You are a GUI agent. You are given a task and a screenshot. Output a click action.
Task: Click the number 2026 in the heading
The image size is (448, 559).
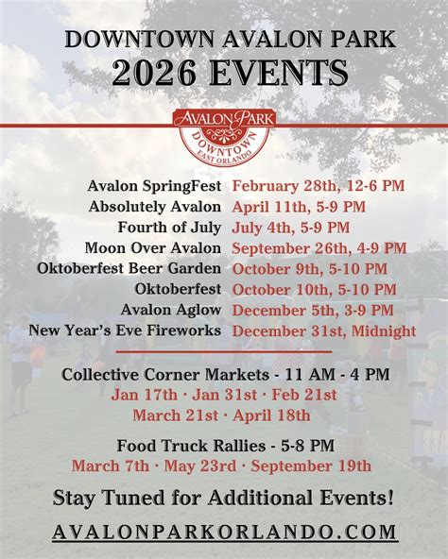pos(154,73)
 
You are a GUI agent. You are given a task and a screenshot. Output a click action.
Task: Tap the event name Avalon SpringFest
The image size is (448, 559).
pos(154,186)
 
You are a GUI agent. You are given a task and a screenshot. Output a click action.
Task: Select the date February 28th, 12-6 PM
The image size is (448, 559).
pos(319,186)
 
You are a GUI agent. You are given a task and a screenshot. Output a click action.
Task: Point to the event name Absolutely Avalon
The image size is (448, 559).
pos(155,207)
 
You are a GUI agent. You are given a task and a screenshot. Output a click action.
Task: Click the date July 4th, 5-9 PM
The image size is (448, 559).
pos(290,228)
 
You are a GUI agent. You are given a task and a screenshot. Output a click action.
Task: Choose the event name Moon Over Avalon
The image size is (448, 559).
pos(153,248)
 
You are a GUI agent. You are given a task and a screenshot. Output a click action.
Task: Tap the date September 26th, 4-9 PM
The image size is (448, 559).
pos(319,248)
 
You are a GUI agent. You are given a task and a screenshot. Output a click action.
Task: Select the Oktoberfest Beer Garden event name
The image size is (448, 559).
pos(129,268)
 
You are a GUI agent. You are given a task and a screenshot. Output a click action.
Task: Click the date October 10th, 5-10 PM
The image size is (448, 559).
pos(314,289)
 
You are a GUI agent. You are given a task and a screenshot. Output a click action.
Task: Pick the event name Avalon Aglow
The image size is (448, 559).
pos(171,310)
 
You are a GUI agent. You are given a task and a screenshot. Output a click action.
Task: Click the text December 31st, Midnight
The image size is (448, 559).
pos(324,330)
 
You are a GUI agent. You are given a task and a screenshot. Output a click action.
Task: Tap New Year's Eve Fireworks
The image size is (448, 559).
pos(125,330)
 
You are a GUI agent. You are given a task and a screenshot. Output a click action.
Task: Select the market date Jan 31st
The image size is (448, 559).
pos(225,395)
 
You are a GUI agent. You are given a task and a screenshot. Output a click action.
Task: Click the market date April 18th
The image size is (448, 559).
pos(271,415)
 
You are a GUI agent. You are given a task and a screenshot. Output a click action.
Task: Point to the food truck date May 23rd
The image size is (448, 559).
pos(200,466)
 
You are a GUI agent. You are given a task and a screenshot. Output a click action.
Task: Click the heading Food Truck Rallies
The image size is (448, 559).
pos(191,446)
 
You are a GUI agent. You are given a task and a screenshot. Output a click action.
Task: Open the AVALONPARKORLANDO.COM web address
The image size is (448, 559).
pos(224,533)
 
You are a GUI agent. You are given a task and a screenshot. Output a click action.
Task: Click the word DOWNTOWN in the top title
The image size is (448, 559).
pos(140,40)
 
